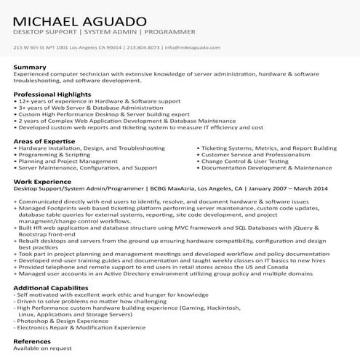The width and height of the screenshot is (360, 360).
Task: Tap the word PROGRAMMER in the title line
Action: point(170,32)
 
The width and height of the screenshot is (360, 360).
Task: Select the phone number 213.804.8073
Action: point(143,48)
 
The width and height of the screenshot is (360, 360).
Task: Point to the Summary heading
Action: point(30,68)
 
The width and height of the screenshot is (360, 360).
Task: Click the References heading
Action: point(32,340)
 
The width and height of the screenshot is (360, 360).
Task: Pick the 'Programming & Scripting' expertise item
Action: point(54,154)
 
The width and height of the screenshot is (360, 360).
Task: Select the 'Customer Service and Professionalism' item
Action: point(252,154)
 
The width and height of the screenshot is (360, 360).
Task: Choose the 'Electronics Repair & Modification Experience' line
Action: point(73,327)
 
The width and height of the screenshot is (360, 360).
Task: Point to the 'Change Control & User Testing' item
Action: point(243,161)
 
